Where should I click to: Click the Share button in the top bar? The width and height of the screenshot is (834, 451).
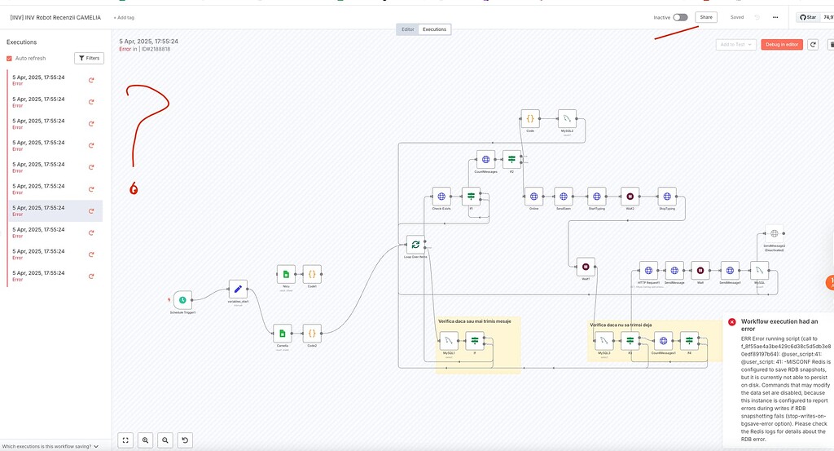705,17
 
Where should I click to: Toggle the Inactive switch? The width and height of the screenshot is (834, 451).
680,17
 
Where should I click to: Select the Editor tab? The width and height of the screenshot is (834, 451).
408,29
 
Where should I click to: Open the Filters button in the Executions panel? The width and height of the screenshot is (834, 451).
89,58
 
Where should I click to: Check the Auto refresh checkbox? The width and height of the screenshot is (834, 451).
9,59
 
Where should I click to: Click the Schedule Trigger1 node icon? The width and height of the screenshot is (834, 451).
182,299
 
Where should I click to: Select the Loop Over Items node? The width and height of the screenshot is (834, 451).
415,244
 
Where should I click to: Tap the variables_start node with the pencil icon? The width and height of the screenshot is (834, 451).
238,289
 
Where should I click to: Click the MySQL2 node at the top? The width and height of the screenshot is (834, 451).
568,118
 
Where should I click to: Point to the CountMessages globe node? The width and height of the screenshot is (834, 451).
485,160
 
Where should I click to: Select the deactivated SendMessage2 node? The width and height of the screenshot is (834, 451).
775,234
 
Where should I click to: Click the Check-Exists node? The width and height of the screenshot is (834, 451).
441,196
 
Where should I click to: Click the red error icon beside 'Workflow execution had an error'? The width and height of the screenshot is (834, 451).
732,322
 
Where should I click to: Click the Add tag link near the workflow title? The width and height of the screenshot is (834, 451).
124,17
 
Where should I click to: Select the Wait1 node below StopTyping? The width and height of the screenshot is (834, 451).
586,266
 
